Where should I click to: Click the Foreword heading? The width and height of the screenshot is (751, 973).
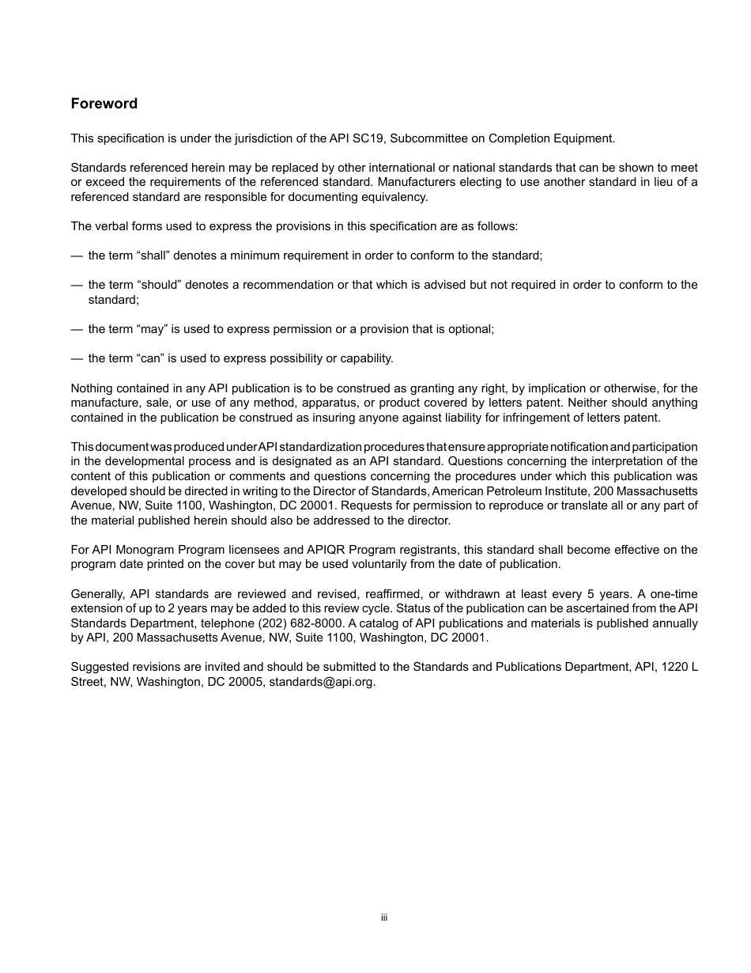pos(104,104)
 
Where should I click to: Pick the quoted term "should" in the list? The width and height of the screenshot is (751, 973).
pos(159,285)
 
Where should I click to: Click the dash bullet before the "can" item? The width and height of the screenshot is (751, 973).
pos(77,358)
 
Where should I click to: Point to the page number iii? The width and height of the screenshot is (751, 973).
pos(383,918)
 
